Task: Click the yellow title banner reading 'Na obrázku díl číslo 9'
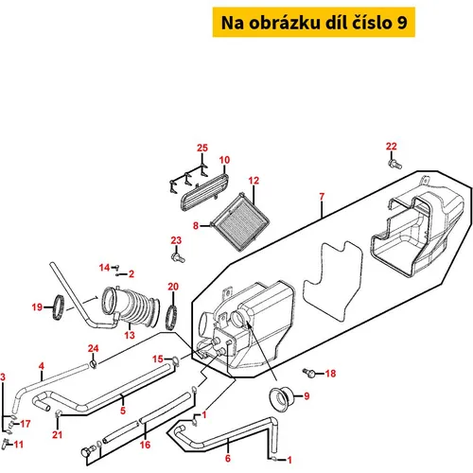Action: (314, 22)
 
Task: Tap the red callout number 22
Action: (392, 147)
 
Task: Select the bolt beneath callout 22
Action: (394, 164)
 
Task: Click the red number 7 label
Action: (322, 197)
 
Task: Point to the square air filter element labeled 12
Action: (241, 223)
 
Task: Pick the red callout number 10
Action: (224, 160)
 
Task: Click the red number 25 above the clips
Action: (202, 148)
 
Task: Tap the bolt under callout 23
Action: (178, 257)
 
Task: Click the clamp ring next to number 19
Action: (58, 307)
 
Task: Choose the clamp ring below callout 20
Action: (171, 318)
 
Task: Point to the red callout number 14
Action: (104, 268)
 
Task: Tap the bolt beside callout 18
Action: (309, 373)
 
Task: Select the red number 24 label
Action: (94, 348)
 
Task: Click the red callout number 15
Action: (158, 359)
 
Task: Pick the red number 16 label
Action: (145, 445)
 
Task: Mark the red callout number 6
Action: (228, 458)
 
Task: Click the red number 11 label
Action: (19, 445)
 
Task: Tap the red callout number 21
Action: (57, 435)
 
